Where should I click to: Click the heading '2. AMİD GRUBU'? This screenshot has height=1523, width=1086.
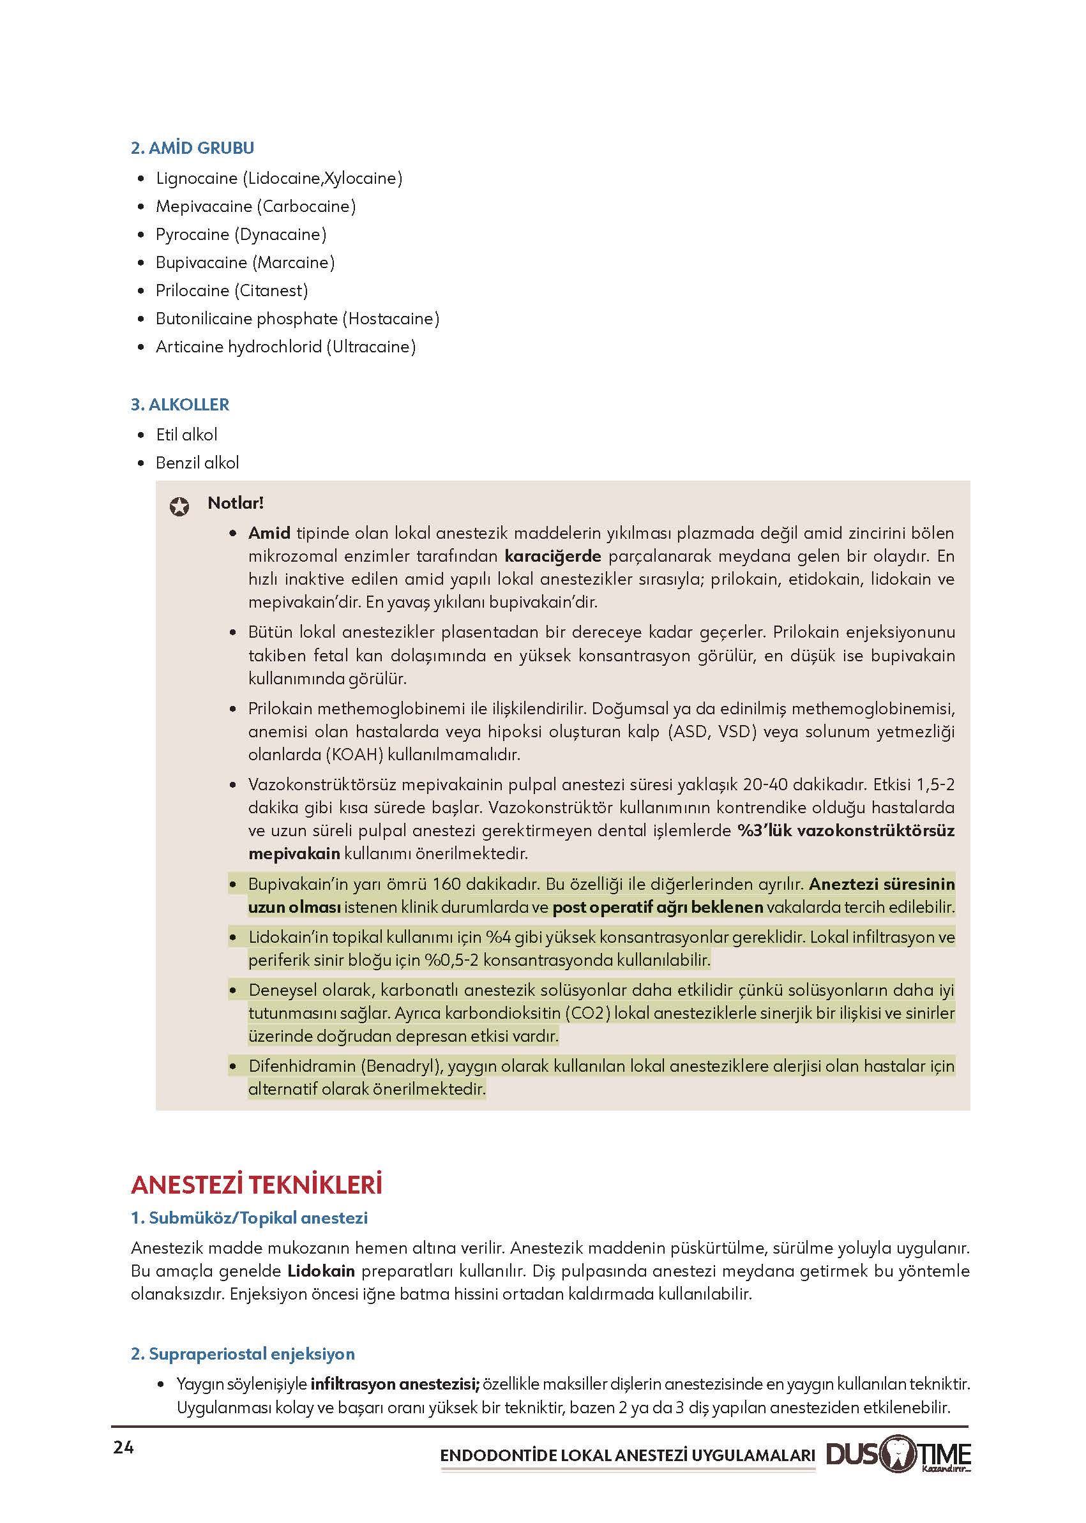(192, 147)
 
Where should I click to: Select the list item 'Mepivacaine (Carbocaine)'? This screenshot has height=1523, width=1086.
(255, 207)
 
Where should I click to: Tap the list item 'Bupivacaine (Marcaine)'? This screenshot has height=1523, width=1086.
(245, 263)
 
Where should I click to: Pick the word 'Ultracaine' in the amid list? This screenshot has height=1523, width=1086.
(370, 347)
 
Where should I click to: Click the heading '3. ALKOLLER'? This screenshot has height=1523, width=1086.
(180, 405)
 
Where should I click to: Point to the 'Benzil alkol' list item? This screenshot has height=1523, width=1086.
(197, 463)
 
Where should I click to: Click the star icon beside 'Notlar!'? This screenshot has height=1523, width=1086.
(179, 507)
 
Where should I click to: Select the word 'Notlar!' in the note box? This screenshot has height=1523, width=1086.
(236, 503)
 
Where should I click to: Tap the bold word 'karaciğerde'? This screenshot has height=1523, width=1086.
(552, 556)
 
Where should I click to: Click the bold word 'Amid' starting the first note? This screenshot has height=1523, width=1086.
(269, 534)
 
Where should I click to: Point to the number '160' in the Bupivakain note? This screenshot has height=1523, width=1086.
(447, 885)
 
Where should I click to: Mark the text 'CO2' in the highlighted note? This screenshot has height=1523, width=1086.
(588, 1014)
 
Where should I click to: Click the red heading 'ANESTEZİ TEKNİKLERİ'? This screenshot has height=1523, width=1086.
(257, 1185)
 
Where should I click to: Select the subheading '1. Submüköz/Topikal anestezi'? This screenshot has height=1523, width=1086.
(249, 1218)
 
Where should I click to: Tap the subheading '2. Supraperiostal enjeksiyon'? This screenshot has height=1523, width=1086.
(243, 1354)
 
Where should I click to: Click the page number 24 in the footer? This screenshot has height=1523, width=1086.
(124, 1448)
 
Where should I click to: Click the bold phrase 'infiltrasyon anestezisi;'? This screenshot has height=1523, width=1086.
(395, 1384)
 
